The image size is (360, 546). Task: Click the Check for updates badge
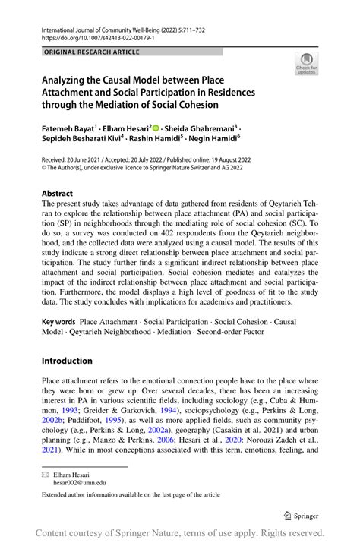306,65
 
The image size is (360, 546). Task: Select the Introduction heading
67,361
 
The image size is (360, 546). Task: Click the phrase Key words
58,323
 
